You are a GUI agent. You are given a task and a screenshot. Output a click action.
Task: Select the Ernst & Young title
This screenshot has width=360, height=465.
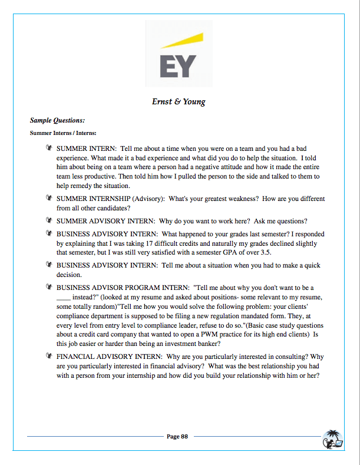[x=179, y=101]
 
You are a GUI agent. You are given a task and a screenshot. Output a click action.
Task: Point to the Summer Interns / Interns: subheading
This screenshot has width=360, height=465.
[x=63, y=133]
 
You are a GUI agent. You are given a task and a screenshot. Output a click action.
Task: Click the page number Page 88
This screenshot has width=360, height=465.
[x=177, y=437]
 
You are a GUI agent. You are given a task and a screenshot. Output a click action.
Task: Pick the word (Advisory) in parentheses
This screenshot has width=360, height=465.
[x=146, y=199]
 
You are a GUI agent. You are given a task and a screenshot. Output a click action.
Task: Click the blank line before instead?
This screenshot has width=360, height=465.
[x=64, y=297]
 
